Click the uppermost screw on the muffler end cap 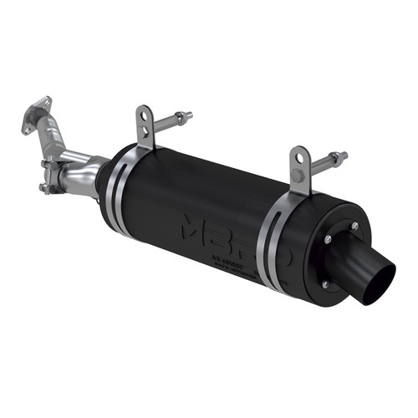354,226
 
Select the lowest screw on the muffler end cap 324,284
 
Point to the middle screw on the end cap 327,241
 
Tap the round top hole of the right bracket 298,155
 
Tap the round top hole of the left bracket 146,115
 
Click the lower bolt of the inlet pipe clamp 52,186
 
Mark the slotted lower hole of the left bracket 147,133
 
